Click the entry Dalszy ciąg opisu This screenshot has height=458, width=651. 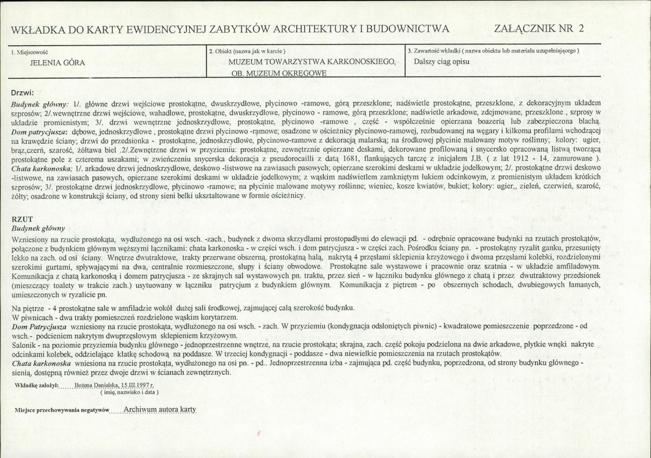point(441,61)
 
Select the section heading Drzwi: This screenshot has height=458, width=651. point(23,92)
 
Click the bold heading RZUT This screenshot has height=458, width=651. point(20,218)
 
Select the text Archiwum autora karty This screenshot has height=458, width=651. point(159,410)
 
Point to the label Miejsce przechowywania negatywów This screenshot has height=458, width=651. point(62,411)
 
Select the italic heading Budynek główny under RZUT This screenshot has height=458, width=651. point(38,228)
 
